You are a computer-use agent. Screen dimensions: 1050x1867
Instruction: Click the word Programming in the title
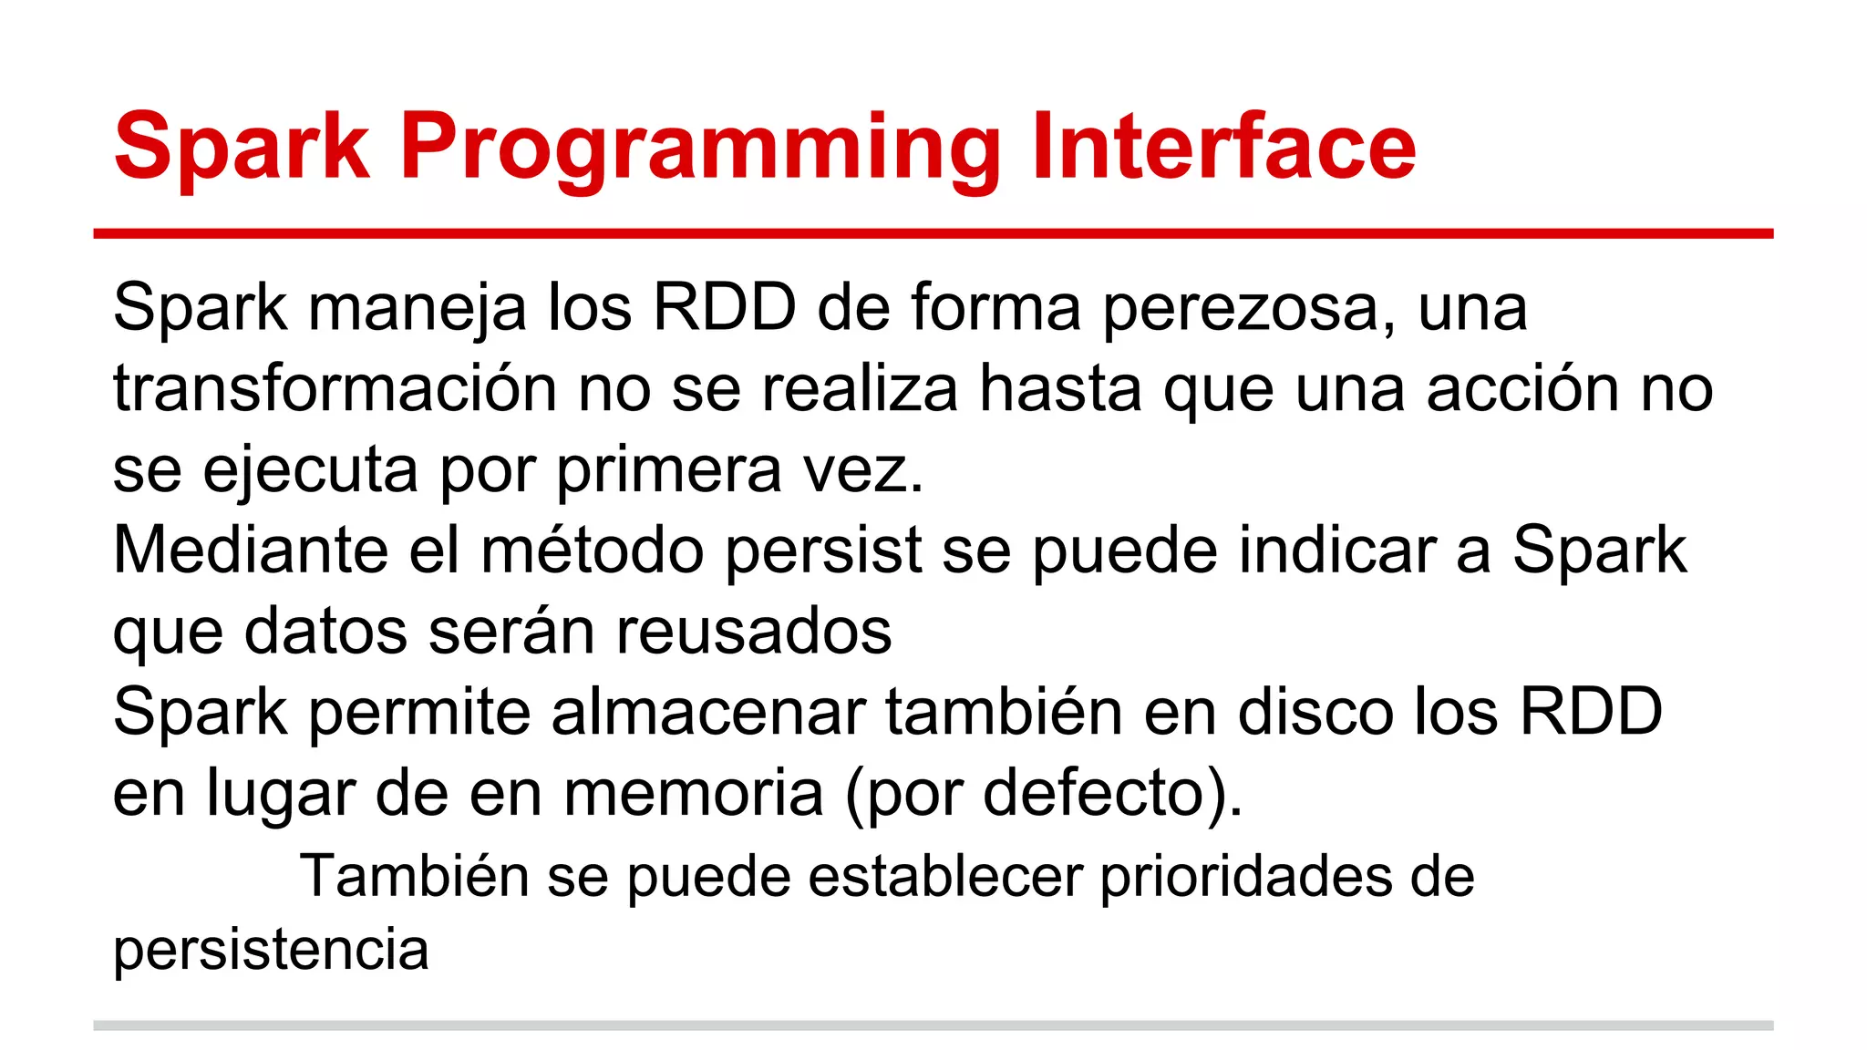click(x=699, y=148)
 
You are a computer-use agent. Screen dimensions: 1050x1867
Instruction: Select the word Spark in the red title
click(x=242, y=148)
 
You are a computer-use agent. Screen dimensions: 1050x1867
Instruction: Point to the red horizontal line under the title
click(x=933, y=234)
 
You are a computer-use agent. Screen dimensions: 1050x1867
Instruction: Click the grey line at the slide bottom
click(x=933, y=1025)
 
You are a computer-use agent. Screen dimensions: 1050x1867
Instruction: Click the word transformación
click(x=335, y=389)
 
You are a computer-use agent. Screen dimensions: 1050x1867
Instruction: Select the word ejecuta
click(x=310, y=471)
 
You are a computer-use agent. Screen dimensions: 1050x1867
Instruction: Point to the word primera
click(x=669, y=471)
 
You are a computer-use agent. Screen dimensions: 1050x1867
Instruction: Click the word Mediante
click(x=250, y=551)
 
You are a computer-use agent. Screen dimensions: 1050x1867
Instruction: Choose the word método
click(x=593, y=551)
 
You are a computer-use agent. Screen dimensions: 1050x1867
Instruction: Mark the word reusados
click(x=754, y=632)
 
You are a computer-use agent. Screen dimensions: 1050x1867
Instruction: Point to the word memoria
click(x=694, y=793)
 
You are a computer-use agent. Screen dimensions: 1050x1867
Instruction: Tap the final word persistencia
click(x=271, y=951)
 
